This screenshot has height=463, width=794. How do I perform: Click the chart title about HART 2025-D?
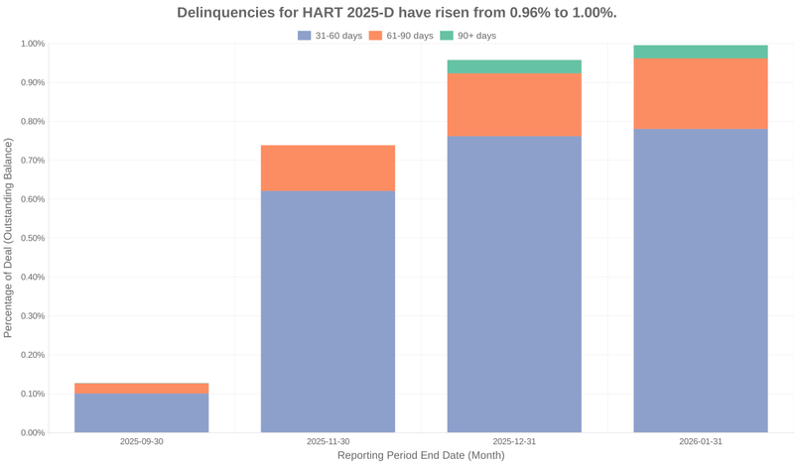pos(397,13)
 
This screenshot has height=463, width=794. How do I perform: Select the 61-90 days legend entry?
pos(403,36)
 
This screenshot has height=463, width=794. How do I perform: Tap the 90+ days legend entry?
pos(469,36)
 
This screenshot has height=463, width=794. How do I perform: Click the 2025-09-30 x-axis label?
pos(141,441)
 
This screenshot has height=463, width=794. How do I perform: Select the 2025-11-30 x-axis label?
pos(328,441)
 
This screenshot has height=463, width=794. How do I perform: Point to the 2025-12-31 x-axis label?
pos(514,441)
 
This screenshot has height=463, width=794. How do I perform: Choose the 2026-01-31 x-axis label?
pos(701,441)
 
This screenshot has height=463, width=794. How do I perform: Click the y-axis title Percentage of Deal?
pos(9,238)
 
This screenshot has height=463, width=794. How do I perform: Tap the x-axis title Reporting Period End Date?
pos(421,455)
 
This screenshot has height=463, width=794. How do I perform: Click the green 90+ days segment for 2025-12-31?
pos(514,66)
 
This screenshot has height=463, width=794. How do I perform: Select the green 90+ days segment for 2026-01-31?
pos(701,52)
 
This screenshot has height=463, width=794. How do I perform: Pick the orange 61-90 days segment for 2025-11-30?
pos(328,168)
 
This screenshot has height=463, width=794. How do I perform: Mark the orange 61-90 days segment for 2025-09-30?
pos(141,389)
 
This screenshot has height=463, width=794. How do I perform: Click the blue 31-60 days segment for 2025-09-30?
pos(141,413)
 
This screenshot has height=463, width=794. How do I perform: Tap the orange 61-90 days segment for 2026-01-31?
pos(701,93)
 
